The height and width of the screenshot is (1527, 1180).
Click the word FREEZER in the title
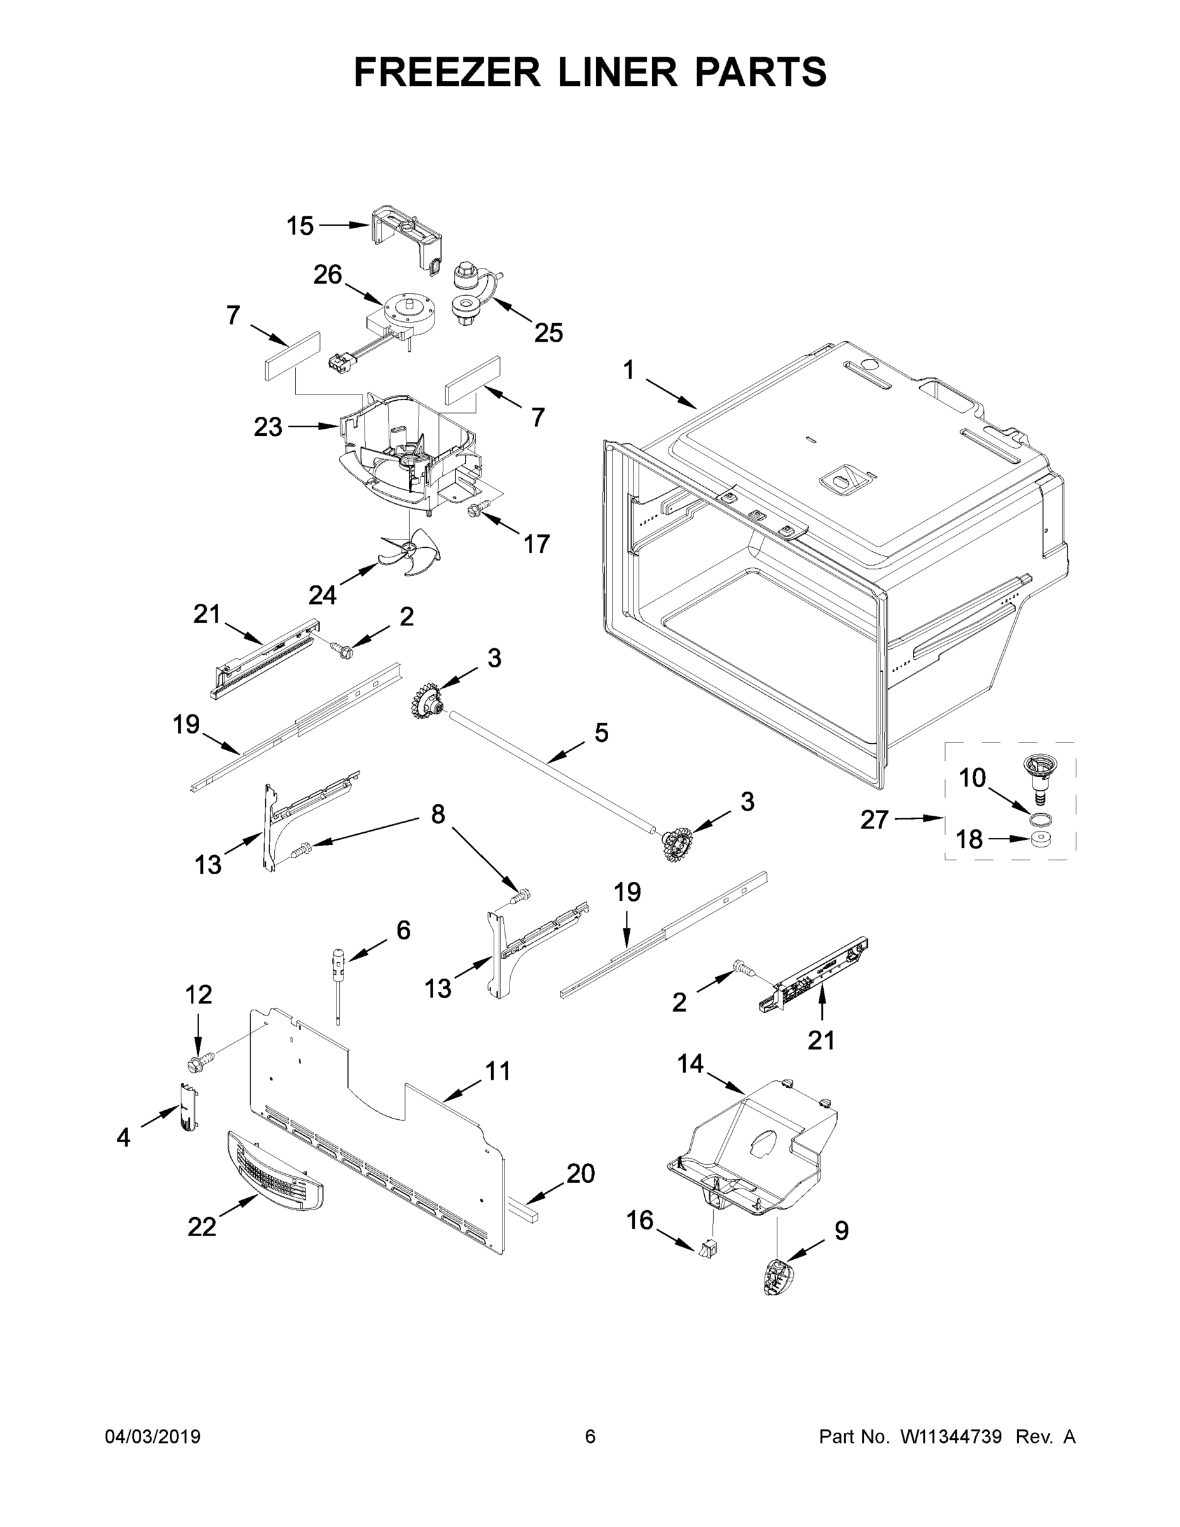point(447,72)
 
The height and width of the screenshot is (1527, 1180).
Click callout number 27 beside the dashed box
point(874,819)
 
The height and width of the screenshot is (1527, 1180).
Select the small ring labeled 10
point(1040,818)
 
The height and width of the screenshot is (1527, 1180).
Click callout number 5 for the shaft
point(601,733)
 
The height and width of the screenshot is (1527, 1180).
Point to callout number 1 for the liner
point(628,370)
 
